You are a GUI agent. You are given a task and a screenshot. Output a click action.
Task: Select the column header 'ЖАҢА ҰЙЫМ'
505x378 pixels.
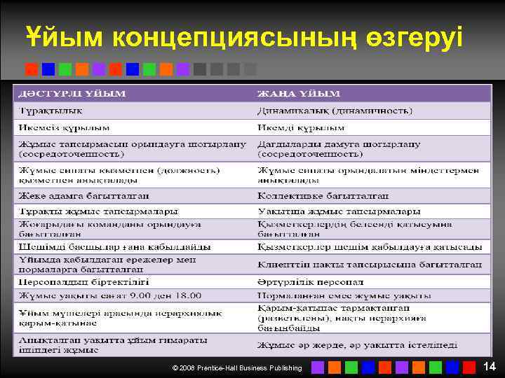point(299,94)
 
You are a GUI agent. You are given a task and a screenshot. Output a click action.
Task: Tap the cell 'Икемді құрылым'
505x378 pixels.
point(301,128)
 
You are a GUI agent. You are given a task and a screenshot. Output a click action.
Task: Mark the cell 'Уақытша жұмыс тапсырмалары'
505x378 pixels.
point(339,211)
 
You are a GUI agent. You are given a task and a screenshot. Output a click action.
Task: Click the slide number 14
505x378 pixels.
point(489,366)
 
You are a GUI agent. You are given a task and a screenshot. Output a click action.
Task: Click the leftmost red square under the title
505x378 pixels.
point(32,69)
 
